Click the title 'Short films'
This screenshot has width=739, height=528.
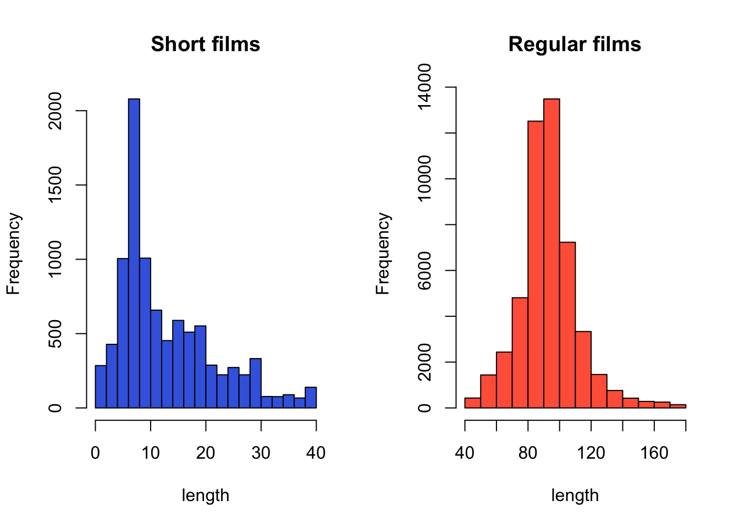coord(205,44)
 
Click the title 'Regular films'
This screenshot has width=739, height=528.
coord(575,44)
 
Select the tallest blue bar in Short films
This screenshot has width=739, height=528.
coord(134,253)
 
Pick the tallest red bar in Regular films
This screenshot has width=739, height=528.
coord(552,253)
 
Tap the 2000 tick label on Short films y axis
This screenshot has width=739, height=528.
coord(55,111)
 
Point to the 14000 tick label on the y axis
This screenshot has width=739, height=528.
coord(424,87)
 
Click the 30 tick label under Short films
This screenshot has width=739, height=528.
coord(261,453)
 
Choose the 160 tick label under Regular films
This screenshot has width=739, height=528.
coord(654,453)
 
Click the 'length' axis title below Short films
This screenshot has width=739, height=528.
coord(205,496)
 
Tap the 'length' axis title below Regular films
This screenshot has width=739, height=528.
coord(575,496)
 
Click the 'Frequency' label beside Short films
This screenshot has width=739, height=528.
coord(13,254)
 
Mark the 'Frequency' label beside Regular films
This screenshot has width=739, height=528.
coord(383,254)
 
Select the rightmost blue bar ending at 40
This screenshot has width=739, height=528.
coord(311,398)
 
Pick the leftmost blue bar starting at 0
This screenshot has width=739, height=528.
coord(101,387)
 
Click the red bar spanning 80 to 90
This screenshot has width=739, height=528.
coord(536,264)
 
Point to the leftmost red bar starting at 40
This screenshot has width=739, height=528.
coord(472,403)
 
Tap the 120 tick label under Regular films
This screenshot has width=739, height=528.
coord(591,453)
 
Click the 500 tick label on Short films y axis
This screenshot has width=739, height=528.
coord(55,333)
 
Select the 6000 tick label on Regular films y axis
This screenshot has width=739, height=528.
coord(424,271)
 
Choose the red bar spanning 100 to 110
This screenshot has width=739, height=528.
coord(567,324)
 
